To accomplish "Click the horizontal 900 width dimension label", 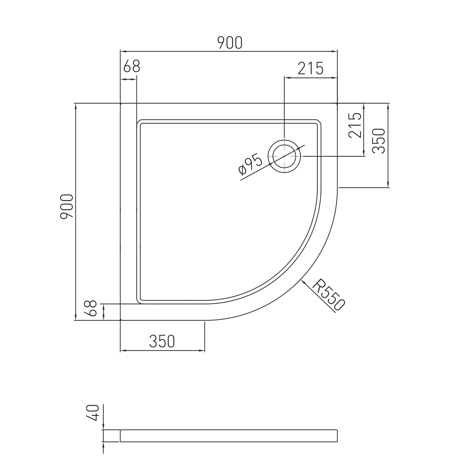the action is coord(230,43).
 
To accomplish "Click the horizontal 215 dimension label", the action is coord(311,68).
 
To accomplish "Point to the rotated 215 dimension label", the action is coord(355,125).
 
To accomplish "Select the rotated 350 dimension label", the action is coord(379,141).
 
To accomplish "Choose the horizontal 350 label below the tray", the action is coord(162,341).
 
